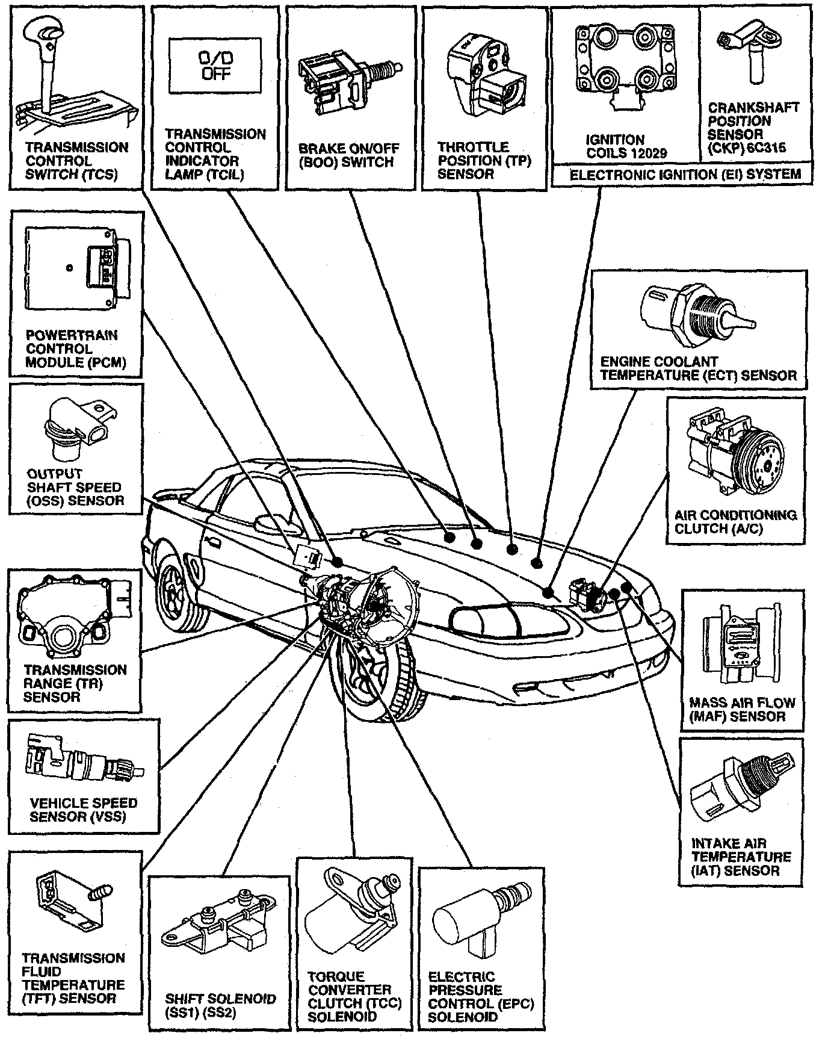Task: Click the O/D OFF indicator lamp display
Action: click(215, 66)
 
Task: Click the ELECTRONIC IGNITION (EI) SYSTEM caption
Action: click(685, 175)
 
